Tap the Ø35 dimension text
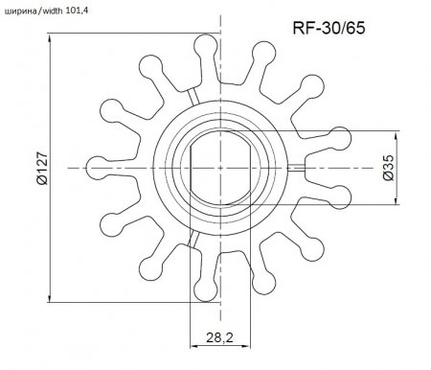click(387, 168)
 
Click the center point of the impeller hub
click(221, 168)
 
